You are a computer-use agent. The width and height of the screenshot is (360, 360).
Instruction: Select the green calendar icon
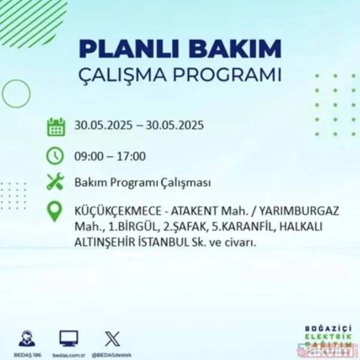[x=56, y=127]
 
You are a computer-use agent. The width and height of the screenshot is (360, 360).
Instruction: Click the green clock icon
[x=56, y=156]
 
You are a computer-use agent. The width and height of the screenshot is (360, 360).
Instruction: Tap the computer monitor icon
[x=68, y=338]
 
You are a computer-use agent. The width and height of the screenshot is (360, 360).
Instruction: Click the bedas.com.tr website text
[x=68, y=353]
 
